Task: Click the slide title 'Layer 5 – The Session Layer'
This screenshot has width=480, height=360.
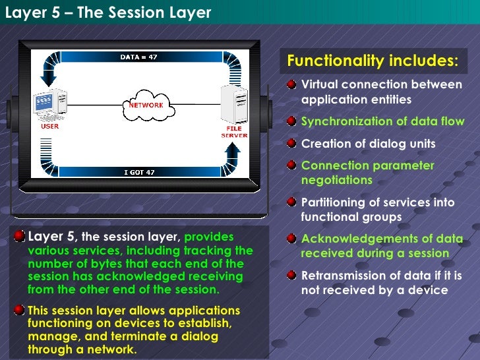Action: (x=107, y=13)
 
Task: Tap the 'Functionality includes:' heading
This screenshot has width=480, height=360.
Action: (x=373, y=61)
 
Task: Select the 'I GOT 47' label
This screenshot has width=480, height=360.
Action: (x=139, y=172)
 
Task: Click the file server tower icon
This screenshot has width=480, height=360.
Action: (x=234, y=105)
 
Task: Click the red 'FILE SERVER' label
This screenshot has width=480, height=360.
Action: (x=234, y=132)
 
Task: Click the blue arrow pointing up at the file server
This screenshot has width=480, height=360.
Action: (x=232, y=154)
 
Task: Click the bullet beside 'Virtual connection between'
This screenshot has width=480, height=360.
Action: (x=291, y=85)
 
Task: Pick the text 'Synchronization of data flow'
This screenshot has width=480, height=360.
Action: (x=382, y=121)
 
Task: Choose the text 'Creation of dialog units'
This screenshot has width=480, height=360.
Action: (x=368, y=144)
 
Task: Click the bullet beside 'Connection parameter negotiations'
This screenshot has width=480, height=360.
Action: (x=291, y=165)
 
